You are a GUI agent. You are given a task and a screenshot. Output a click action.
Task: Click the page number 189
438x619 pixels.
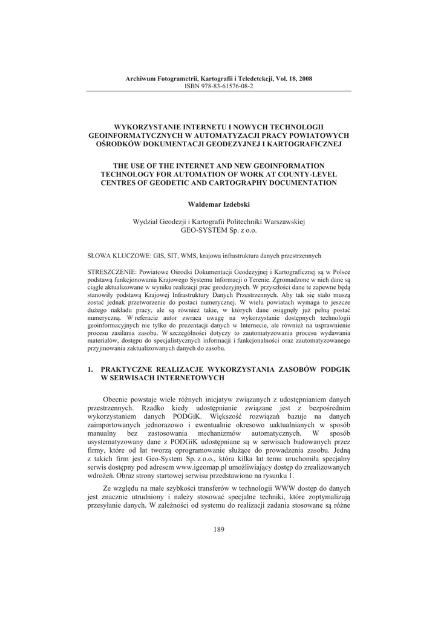coord(218,530)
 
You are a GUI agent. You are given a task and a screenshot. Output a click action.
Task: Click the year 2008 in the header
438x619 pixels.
coord(305,79)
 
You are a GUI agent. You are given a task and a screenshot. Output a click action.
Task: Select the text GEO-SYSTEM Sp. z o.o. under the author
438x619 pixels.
coord(218,230)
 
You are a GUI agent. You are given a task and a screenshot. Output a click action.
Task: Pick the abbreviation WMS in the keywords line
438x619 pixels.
coord(178,256)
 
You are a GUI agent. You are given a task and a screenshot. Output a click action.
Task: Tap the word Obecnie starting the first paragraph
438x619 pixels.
coord(117,400)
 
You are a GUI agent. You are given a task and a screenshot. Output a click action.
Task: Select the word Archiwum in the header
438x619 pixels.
coord(139,79)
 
